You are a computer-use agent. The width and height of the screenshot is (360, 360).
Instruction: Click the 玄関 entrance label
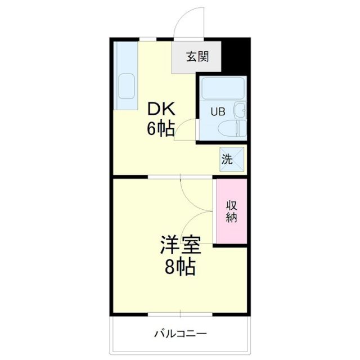pos(197,56)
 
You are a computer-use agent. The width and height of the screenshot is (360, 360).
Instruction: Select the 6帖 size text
pos(160,129)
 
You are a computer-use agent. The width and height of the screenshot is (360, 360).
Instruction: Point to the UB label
pos(218,111)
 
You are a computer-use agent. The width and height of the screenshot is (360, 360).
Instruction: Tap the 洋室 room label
pos(180,246)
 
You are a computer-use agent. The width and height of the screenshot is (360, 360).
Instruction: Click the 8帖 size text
pos(180,267)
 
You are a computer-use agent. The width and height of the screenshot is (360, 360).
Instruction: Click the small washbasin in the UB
pos(240,110)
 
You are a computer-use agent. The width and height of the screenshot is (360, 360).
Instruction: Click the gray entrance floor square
pos(197,56)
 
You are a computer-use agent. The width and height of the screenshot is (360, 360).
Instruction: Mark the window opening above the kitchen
pos(148,38)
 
